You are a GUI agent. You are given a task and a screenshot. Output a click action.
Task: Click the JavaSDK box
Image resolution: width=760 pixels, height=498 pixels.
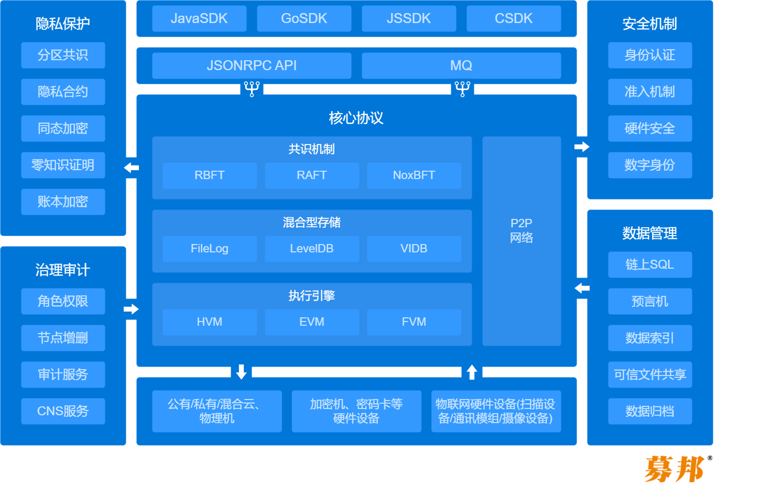pyautogui.click(x=199, y=19)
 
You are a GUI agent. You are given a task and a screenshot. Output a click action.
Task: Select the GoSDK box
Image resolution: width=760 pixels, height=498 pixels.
pyautogui.click(x=304, y=19)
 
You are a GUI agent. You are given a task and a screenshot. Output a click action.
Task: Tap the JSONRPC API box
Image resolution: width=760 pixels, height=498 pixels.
pyautogui.click(x=252, y=65)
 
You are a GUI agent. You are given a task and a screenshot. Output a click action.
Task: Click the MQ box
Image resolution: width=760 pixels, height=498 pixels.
pyautogui.click(x=461, y=65)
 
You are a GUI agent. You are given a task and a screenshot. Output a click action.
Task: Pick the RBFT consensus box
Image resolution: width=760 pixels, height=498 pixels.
pyautogui.click(x=210, y=175)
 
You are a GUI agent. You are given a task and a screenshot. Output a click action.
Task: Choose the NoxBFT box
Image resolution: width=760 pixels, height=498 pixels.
pyautogui.click(x=414, y=175)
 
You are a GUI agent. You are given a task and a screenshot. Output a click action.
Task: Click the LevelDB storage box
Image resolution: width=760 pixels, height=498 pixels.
pyautogui.click(x=312, y=249)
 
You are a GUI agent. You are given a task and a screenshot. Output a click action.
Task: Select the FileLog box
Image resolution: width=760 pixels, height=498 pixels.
pyautogui.click(x=210, y=249)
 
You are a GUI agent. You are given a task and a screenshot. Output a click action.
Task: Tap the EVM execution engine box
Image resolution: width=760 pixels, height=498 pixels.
pyautogui.click(x=312, y=322)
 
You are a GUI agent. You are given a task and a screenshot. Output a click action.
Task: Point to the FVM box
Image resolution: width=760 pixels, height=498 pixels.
pyautogui.click(x=414, y=322)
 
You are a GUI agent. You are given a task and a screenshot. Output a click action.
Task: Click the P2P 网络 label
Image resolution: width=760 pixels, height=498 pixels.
pyautogui.click(x=522, y=230)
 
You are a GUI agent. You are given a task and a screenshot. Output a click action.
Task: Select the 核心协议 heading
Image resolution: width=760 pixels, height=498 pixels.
pyautogui.click(x=356, y=118)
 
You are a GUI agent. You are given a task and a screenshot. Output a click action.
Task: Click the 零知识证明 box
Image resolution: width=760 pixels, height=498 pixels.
pyautogui.click(x=63, y=165)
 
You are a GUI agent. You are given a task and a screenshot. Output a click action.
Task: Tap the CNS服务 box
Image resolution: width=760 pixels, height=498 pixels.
pyautogui.click(x=63, y=411)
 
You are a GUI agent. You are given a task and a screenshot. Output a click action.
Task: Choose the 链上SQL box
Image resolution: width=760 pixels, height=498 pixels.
pyautogui.click(x=650, y=264)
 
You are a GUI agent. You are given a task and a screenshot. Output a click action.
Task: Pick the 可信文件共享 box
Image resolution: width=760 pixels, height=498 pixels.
pyautogui.click(x=650, y=374)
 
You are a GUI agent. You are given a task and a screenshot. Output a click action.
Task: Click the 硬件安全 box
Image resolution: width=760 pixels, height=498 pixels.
pyautogui.click(x=650, y=128)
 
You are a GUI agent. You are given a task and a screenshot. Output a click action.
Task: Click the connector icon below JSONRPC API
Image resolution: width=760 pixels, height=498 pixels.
pyautogui.click(x=252, y=89)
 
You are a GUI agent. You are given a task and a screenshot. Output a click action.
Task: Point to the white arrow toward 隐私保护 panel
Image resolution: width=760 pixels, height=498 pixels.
pyautogui.click(x=132, y=168)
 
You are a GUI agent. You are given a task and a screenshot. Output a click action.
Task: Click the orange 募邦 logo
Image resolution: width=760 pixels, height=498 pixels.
pyautogui.click(x=675, y=469)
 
